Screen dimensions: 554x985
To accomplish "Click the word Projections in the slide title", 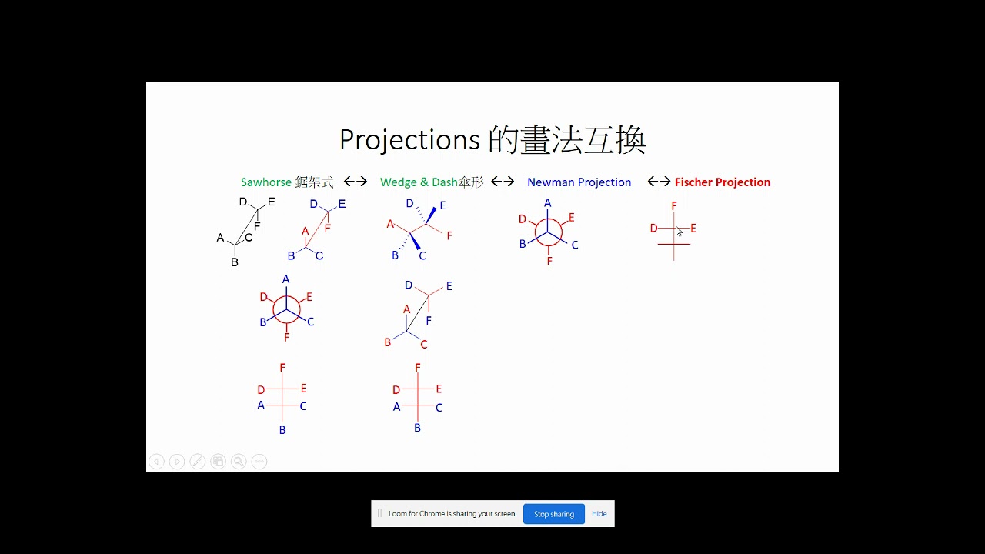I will point(409,139).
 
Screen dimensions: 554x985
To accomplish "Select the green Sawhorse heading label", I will point(266,182).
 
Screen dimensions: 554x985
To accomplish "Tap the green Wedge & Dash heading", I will point(419,182).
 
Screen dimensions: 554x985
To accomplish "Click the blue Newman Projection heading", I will point(579,182).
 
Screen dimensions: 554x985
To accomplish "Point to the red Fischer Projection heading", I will point(722,182).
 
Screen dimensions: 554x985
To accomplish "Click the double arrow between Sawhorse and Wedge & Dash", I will point(356,182).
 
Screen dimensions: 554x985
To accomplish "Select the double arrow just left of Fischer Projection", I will point(659,182).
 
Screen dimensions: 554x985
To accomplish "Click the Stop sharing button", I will point(554,514).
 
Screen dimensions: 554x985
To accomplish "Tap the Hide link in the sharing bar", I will point(599,514).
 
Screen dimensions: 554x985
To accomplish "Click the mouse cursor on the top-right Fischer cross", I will point(678,231).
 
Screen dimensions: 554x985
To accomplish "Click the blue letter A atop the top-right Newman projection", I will point(548,203).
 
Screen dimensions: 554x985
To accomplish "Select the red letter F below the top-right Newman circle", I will point(549,262).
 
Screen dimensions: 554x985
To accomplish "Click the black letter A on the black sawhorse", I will point(220,238).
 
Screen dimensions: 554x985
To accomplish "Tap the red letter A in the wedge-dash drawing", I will point(390,224).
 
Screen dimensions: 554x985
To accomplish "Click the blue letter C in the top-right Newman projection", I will point(575,245).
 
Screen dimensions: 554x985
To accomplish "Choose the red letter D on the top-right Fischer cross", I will point(653,229).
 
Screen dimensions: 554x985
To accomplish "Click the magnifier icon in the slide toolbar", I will point(239,462).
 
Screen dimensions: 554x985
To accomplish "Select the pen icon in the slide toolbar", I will point(198,462).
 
